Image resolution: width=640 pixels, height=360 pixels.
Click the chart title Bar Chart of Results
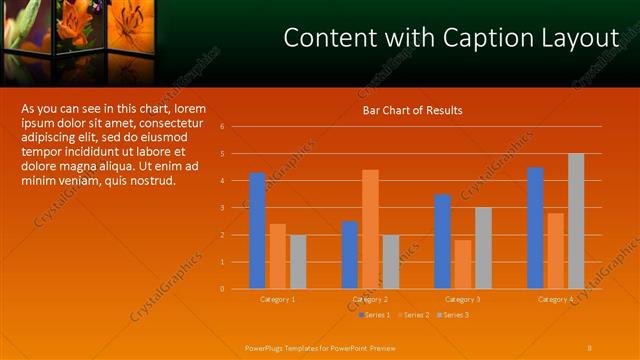[412, 110]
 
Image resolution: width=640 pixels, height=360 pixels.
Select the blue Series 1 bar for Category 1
[257, 230]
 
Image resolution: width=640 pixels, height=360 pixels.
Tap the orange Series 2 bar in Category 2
[370, 229]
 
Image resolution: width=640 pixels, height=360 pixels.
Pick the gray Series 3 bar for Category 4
[576, 221]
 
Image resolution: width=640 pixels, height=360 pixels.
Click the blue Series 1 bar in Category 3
[443, 241]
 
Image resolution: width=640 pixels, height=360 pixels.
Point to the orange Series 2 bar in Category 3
[463, 264]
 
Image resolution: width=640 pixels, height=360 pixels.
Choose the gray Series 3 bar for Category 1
[297, 261]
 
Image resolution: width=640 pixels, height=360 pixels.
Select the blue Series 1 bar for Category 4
[535, 228]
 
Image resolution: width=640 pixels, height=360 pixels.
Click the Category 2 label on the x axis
[370, 299]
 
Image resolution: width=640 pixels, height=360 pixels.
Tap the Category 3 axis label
[463, 299]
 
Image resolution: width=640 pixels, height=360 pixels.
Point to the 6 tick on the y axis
[235, 127]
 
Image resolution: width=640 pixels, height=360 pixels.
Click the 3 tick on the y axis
[235, 208]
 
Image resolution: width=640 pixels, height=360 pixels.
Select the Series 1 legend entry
[376, 315]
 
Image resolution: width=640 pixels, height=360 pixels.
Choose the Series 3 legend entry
[452, 315]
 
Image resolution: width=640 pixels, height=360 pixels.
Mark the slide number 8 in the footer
[589, 347]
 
